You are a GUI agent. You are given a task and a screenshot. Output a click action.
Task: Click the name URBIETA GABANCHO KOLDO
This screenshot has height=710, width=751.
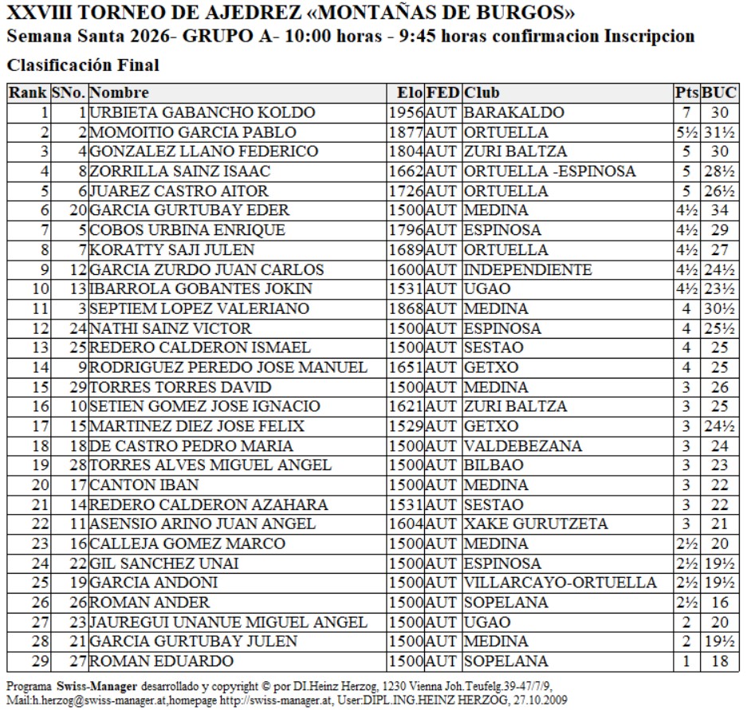[202, 112]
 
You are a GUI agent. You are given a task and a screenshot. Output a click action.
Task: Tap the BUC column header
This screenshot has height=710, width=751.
[720, 93]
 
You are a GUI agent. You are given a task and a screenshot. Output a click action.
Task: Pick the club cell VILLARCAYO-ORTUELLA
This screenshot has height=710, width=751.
[560, 583]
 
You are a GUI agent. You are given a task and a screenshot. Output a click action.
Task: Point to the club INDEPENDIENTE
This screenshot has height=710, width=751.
[528, 269]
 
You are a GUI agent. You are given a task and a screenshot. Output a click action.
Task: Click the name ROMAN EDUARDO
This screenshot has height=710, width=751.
[161, 661]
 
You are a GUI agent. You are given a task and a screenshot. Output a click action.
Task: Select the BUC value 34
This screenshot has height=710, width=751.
[720, 210]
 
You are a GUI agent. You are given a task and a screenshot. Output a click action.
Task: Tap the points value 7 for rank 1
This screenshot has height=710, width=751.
[686, 112]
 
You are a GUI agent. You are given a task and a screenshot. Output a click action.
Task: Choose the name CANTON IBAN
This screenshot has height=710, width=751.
[133, 484]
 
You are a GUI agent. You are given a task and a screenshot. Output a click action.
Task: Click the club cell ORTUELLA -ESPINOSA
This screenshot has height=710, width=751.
[549, 171]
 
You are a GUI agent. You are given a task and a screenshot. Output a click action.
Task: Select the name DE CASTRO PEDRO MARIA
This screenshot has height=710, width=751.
[191, 445]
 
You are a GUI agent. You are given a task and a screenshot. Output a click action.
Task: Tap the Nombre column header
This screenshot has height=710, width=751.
[119, 93]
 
